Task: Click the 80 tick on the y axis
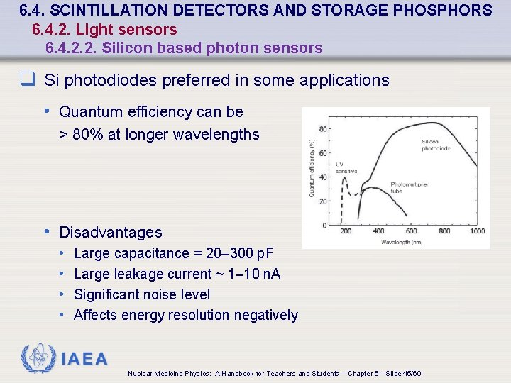tap(323, 128)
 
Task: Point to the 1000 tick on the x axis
tap(477, 231)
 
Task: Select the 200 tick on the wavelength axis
tap(346, 231)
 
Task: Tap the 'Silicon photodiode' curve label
tap(435, 145)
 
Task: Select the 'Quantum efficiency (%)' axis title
tap(312, 167)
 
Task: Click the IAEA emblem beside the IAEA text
tap(38, 359)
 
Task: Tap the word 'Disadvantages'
tap(111, 233)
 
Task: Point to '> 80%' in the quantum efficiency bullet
tap(82, 134)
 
